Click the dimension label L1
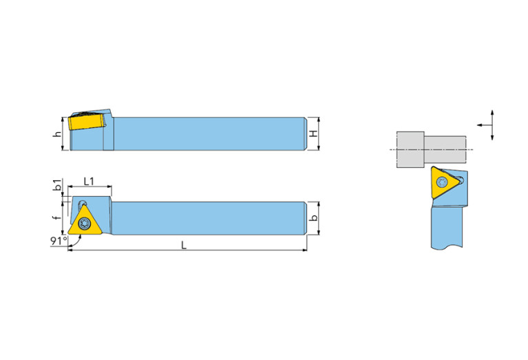click(x=89, y=182)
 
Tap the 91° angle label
click(x=59, y=241)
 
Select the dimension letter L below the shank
click(x=184, y=245)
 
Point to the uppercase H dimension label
click(x=313, y=134)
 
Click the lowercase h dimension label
click(x=58, y=134)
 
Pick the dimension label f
click(x=58, y=218)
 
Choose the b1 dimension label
click(x=58, y=185)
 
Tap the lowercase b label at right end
click(x=313, y=218)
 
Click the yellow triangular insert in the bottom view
click(x=85, y=222)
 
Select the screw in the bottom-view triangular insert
click(x=83, y=223)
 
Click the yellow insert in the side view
click(x=86, y=122)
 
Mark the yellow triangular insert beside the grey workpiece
click(x=443, y=182)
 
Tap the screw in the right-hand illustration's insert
click(x=442, y=182)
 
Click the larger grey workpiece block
click(x=410, y=149)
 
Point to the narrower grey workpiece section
click(x=445, y=149)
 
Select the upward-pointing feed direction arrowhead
click(x=492, y=113)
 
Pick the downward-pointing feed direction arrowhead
click(x=492, y=137)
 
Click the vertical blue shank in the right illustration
click(x=447, y=227)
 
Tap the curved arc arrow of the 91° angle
click(x=78, y=243)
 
